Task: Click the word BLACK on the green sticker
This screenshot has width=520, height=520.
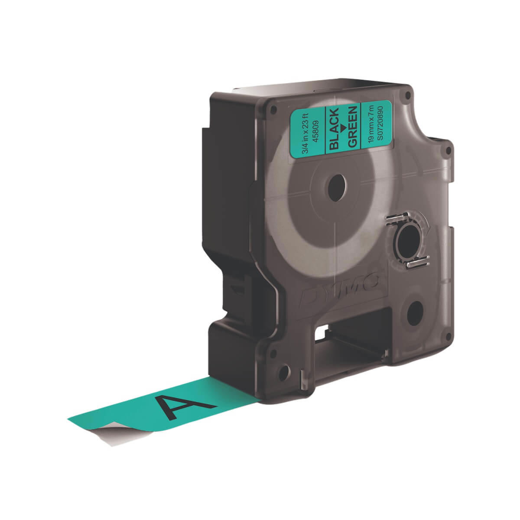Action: (x=335, y=128)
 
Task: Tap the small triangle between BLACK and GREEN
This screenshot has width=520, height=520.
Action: (x=344, y=127)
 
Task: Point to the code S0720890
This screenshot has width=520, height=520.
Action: (x=380, y=122)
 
